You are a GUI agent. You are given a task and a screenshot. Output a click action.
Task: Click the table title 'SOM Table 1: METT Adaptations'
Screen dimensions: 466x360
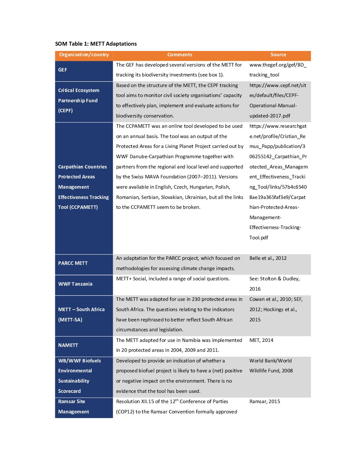[x=96, y=44]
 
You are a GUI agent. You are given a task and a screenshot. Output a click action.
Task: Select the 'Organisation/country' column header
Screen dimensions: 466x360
[x=84, y=55]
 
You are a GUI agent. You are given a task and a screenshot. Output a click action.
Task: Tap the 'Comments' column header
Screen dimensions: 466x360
[x=180, y=55]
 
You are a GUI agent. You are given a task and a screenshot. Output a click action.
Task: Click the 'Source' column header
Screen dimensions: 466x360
[x=278, y=55]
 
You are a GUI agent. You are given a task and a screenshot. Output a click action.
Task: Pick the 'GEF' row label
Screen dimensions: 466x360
[x=63, y=70]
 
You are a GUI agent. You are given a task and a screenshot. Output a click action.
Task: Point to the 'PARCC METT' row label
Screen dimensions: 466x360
[x=73, y=263]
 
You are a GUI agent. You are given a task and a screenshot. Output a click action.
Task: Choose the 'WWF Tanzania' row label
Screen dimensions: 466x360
[x=75, y=284]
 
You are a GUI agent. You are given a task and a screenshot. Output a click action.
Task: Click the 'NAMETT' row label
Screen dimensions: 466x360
[x=68, y=345]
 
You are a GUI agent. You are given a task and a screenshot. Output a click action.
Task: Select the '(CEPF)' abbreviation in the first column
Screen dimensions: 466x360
[x=66, y=111]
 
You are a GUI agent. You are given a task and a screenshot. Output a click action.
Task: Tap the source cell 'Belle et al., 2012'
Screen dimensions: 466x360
[x=268, y=258]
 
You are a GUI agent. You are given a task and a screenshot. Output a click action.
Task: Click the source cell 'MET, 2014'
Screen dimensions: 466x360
[x=261, y=340]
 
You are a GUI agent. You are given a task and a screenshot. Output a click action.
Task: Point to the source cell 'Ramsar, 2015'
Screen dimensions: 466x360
[x=265, y=401]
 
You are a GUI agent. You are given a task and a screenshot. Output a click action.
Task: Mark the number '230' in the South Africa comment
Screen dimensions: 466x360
[x=196, y=299]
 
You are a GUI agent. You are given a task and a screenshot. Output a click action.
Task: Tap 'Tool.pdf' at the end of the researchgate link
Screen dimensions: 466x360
[x=259, y=238]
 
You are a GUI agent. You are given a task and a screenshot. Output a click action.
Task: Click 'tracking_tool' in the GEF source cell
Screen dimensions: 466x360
[x=264, y=75]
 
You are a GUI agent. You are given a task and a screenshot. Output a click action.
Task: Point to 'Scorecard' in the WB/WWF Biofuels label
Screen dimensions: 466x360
[x=69, y=391]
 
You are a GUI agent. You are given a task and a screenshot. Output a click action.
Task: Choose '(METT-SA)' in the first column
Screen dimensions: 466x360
[x=70, y=320]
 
